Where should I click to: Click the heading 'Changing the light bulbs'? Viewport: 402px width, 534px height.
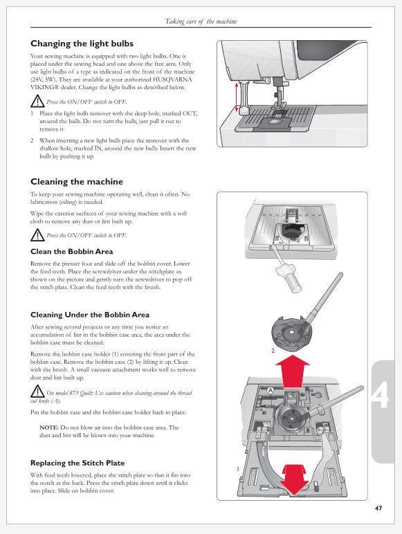click(x=82, y=44)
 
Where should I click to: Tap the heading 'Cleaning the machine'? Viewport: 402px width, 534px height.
click(x=77, y=182)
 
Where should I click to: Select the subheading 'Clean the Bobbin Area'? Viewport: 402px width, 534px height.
click(x=71, y=252)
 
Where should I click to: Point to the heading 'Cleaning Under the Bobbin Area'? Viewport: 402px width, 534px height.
click(x=90, y=315)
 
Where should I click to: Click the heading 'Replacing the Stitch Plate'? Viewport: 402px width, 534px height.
click(x=77, y=463)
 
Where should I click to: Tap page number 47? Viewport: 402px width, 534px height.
click(x=378, y=508)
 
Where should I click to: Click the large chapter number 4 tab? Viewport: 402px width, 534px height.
click(x=380, y=396)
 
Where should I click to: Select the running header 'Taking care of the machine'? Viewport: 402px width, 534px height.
click(x=201, y=21)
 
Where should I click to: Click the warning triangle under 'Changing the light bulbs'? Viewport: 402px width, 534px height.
click(x=37, y=101)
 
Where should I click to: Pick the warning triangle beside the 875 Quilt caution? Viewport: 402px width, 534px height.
click(x=37, y=392)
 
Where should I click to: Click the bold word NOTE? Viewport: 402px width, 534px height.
click(x=49, y=427)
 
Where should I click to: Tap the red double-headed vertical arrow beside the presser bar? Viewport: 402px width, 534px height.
click(x=236, y=97)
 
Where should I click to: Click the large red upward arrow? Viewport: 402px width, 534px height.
click(x=293, y=371)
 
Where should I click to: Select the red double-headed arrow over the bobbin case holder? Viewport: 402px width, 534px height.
click(x=293, y=479)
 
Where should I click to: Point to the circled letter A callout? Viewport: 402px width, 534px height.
click(x=271, y=390)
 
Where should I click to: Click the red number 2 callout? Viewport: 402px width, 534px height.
click(x=273, y=351)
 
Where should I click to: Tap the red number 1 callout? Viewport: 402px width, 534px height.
click(x=238, y=469)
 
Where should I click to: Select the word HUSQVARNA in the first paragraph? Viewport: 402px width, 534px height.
click(x=172, y=80)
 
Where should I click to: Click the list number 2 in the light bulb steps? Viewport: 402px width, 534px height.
click(x=32, y=140)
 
